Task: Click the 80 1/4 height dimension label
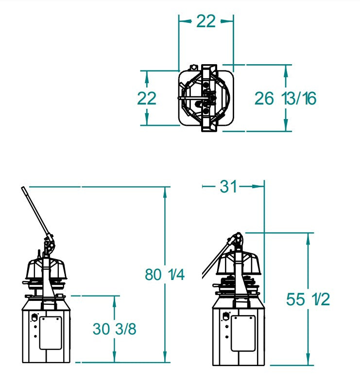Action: click(x=165, y=275)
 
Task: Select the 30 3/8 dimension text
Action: click(x=115, y=329)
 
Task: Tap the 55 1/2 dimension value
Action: click(x=308, y=299)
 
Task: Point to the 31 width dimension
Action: click(x=227, y=186)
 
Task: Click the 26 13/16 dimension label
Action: click(x=286, y=99)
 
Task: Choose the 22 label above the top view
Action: click(x=206, y=21)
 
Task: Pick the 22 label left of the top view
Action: click(x=147, y=98)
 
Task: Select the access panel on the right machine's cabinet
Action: click(x=242, y=333)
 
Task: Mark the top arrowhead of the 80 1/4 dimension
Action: click(x=165, y=191)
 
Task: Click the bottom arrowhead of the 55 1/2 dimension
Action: click(x=308, y=360)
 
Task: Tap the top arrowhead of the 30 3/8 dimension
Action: click(x=115, y=299)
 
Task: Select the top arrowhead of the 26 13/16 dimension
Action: click(x=286, y=70)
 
